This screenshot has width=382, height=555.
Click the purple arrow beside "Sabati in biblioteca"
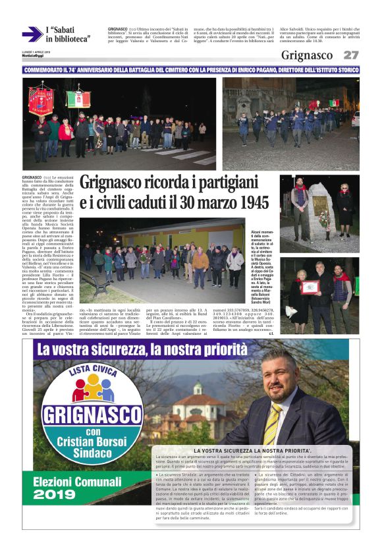[31, 35]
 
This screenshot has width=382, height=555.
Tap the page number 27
[350, 55]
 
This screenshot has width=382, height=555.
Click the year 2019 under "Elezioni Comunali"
[55, 494]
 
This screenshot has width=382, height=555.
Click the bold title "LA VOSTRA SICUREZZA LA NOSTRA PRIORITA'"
[250, 450]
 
